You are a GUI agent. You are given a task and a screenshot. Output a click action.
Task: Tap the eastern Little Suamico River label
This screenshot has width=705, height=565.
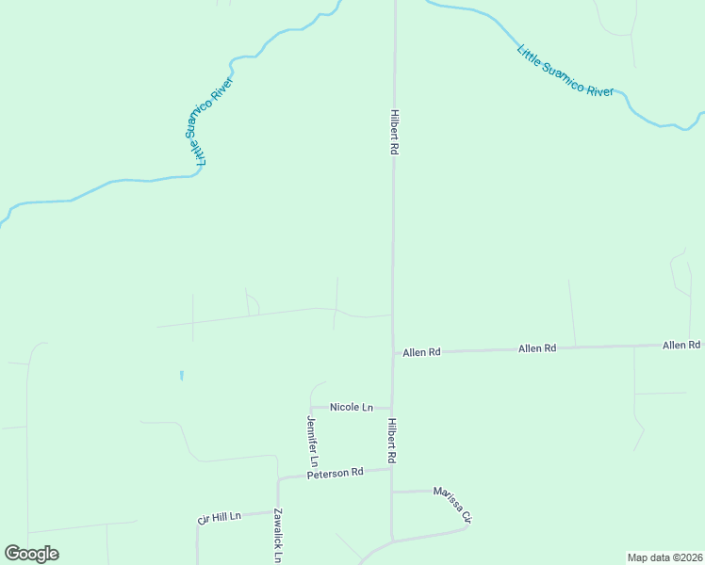pyautogui.click(x=566, y=70)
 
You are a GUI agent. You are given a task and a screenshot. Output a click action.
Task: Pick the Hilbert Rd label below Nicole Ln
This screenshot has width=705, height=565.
pyautogui.click(x=391, y=441)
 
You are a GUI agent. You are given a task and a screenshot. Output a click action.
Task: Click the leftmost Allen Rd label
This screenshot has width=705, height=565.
pyautogui.click(x=421, y=352)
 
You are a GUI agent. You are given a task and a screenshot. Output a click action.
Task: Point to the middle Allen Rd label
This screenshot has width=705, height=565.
pyautogui.click(x=537, y=348)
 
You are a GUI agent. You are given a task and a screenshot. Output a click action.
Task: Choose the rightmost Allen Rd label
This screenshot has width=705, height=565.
pyautogui.click(x=681, y=346)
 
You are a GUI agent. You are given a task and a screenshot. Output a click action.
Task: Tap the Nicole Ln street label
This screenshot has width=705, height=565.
pyautogui.click(x=352, y=407)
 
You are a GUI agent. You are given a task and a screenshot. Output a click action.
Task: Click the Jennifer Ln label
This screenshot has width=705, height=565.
pyautogui.click(x=312, y=441)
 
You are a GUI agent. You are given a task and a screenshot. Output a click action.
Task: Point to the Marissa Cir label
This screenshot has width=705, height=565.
pyautogui.click(x=451, y=505)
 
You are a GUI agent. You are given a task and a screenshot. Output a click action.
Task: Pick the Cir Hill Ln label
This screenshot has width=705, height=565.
pyautogui.click(x=220, y=517)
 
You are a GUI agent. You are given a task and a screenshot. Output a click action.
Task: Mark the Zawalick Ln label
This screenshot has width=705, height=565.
pyautogui.click(x=277, y=536)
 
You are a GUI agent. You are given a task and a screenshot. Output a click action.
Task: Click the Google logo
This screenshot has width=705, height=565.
pyautogui.click(x=32, y=554)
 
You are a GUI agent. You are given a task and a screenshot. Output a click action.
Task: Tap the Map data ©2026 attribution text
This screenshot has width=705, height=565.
pyautogui.click(x=664, y=557)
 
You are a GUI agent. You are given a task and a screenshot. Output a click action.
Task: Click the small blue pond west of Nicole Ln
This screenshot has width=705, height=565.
pyautogui.click(x=181, y=376)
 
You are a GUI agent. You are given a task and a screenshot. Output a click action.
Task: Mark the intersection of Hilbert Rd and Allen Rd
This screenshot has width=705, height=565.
pyautogui.click(x=393, y=353)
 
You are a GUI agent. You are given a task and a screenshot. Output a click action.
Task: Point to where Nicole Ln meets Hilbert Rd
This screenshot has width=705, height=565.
pyautogui.click(x=392, y=408)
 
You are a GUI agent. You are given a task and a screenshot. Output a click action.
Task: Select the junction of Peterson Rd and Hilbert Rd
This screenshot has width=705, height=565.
pyautogui.click(x=392, y=469)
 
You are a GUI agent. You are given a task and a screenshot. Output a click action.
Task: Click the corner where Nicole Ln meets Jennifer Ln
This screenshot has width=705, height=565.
pyautogui.click(x=311, y=407)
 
